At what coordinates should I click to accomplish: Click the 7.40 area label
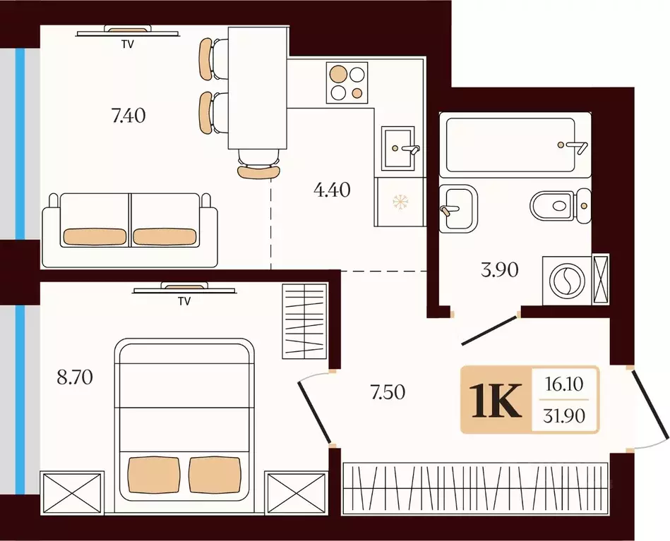[x=128, y=116]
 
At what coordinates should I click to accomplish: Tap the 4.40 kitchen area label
[x=332, y=190]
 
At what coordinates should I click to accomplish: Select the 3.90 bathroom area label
[x=500, y=270]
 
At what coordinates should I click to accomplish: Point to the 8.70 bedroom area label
[x=75, y=377]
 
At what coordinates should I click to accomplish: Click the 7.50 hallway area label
[x=388, y=392]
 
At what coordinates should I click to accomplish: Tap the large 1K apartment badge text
[x=496, y=400]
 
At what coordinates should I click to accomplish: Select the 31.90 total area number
[x=564, y=415]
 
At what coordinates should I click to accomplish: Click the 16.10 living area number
[x=564, y=384]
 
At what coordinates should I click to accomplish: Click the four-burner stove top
[x=347, y=83]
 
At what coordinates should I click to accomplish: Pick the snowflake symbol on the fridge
[x=400, y=202]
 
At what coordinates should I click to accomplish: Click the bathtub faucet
[x=574, y=147]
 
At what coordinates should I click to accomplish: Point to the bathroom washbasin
[x=458, y=208]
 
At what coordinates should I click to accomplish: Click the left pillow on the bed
[x=153, y=475]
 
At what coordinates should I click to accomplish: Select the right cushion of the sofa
[x=164, y=236]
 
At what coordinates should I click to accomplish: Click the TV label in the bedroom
[x=184, y=301]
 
